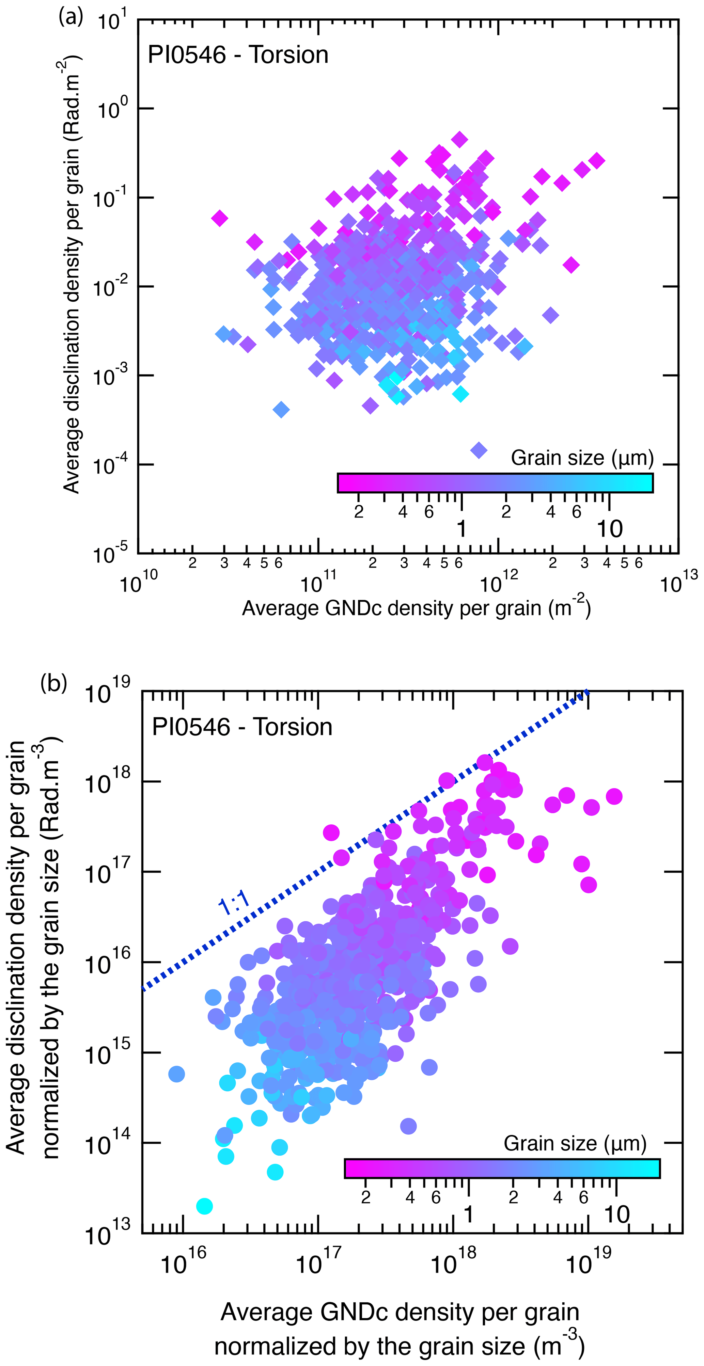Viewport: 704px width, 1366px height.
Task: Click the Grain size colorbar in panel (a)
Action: (x=495, y=482)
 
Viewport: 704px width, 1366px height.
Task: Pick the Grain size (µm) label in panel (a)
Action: (x=582, y=457)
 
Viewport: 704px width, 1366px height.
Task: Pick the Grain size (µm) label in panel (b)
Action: (x=575, y=1143)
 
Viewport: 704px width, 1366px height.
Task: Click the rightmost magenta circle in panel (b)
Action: (x=614, y=796)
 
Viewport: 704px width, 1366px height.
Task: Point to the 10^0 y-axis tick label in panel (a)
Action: (x=111, y=109)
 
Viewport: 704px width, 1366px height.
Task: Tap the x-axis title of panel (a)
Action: (x=417, y=608)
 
